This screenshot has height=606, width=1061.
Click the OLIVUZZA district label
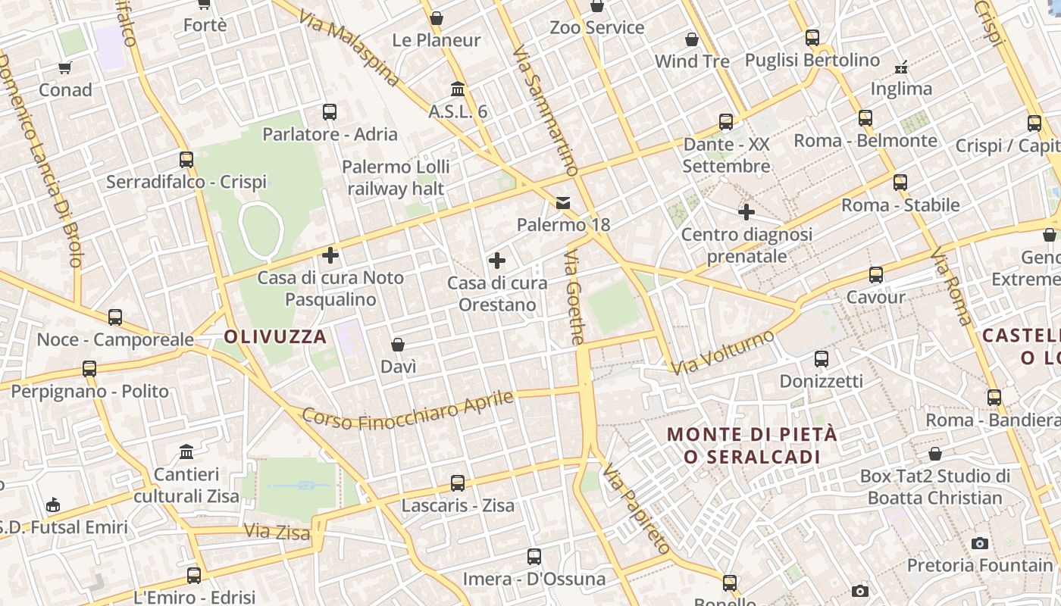tap(276, 337)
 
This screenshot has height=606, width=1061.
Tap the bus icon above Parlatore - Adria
tap(330, 112)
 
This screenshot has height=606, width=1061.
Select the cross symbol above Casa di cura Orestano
tap(497, 261)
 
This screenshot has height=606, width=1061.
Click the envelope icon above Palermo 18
tap(563, 202)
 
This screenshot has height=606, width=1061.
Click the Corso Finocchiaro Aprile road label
tap(408, 410)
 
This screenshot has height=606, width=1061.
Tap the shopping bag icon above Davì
tap(398, 345)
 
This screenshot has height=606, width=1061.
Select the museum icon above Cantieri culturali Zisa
tap(186, 452)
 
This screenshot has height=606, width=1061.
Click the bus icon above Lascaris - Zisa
tap(458, 483)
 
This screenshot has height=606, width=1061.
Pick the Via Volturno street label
tap(724, 352)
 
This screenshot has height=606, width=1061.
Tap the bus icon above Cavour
tap(876, 274)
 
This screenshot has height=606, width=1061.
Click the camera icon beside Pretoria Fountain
tap(980, 543)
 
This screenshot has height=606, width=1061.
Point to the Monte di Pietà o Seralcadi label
tap(753, 445)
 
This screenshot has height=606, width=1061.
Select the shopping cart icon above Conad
tap(65, 67)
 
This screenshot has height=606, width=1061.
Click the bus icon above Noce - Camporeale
tap(115, 317)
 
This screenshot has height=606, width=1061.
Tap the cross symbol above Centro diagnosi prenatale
tap(746, 212)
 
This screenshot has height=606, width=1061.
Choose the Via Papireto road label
tap(637, 509)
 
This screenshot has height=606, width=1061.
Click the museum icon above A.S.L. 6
tap(458, 89)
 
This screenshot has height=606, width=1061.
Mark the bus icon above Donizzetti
tap(822, 358)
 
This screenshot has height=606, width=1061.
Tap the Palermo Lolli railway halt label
tap(396, 177)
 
